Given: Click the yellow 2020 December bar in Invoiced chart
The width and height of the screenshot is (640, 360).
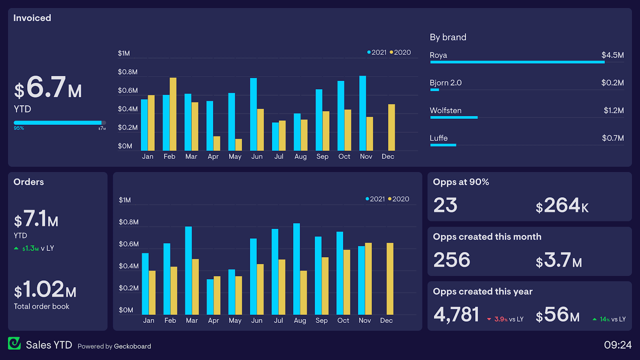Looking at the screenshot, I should tap(391, 127).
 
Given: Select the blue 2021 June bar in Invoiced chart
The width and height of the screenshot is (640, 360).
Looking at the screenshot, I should tap(253, 114).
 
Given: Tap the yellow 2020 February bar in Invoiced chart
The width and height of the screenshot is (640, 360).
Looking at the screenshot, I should tap(173, 114).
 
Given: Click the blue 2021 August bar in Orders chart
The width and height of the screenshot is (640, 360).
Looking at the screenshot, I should tap(296, 269).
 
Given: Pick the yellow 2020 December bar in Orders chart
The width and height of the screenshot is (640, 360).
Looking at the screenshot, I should tap(390, 278).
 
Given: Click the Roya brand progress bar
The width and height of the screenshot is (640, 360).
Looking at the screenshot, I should tap(517, 62).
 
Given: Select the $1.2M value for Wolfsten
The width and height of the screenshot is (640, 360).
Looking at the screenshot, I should tap(613, 110).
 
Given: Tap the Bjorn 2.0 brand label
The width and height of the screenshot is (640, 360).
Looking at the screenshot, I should tap(445, 83).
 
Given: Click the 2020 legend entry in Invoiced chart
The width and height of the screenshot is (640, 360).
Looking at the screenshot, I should tap(400, 52).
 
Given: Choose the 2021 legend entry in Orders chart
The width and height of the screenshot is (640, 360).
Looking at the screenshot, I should tap(375, 199).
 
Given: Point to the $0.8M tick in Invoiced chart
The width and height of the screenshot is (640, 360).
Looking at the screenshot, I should tap(128, 72).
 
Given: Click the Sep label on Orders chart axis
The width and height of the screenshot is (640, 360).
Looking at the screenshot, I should tap(321, 320).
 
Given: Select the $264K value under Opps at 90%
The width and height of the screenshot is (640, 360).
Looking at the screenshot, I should tap(562, 206).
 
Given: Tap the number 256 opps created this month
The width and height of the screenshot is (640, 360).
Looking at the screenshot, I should tap(452, 260).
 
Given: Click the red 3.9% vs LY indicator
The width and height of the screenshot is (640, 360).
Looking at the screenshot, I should tap(505, 319).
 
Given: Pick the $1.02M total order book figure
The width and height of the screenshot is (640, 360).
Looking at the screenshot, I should tap(45, 290).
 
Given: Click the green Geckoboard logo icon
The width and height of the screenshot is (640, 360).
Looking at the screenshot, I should tap(14, 343).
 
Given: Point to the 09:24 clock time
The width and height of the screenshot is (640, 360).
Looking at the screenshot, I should tap(617, 345).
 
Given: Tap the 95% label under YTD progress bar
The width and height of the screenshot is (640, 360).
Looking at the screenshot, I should tap(19, 128).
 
